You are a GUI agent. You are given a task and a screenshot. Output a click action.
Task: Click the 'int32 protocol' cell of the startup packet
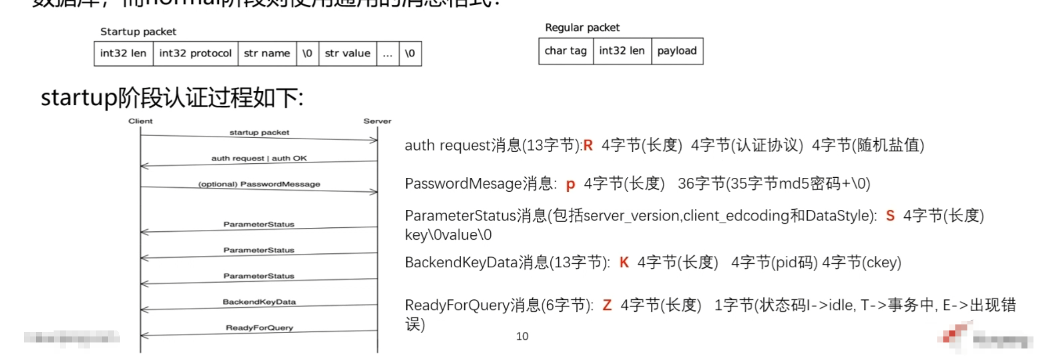click(x=195, y=54)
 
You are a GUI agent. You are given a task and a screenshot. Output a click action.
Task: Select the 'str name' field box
click(x=267, y=54)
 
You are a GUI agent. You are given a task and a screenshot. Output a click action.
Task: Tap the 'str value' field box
click(x=348, y=54)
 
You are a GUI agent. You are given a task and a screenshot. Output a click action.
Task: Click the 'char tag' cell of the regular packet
click(x=566, y=51)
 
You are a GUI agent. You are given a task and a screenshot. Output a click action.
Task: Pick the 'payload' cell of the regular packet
click(x=677, y=51)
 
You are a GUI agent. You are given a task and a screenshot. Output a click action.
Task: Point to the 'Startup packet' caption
click(x=138, y=32)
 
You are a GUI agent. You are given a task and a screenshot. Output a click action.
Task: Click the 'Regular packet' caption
click(x=582, y=28)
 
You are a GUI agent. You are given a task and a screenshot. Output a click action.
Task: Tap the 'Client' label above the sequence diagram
click(x=140, y=121)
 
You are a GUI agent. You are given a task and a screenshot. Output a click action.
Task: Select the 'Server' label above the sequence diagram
click(x=378, y=121)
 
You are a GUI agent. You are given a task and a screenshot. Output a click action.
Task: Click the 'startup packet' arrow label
click(x=259, y=133)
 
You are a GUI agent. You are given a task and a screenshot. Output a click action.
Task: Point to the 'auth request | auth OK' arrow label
click(x=259, y=158)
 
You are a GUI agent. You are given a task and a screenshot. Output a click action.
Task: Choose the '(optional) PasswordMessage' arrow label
click(x=259, y=184)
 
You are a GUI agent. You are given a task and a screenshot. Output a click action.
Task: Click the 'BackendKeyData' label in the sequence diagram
click(x=259, y=302)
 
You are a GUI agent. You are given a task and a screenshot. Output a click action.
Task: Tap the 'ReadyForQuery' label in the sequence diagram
click(x=259, y=328)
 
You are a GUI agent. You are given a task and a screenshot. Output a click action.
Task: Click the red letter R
click(x=588, y=146)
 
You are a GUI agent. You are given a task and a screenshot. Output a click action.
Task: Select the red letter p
click(x=570, y=185)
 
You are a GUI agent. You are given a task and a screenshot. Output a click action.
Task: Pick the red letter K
click(x=624, y=262)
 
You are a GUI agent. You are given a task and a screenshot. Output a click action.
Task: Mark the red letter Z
click(x=607, y=305)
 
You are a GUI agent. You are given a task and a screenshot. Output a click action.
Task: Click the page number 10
click(x=522, y=336)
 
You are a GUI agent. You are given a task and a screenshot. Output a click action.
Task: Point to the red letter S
click(x=890, y=216)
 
